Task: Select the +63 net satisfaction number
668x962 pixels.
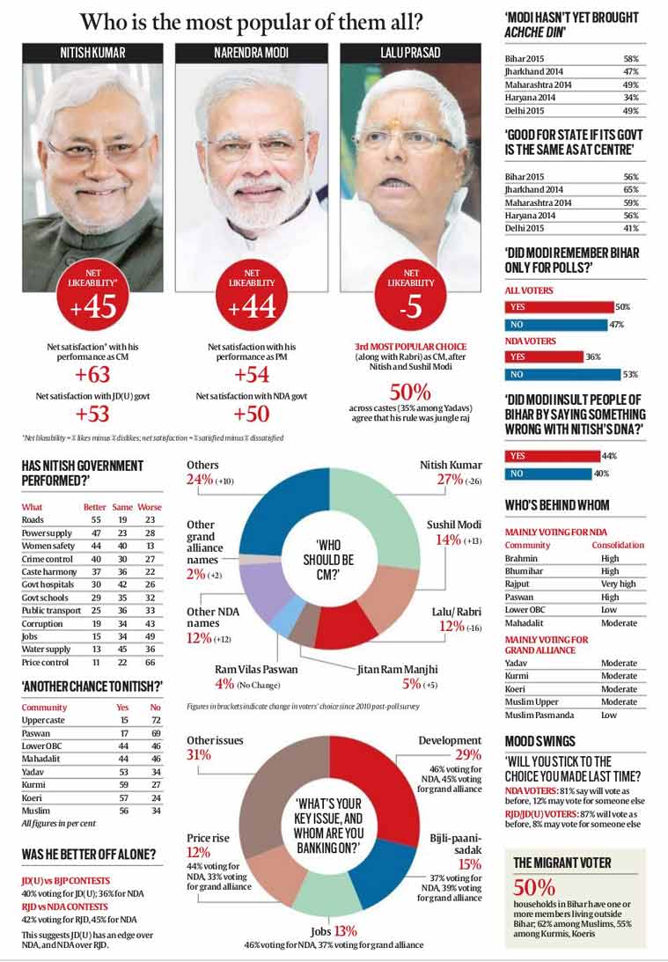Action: [x=92, y=375]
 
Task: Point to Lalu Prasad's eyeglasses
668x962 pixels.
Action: [x=404, y=142]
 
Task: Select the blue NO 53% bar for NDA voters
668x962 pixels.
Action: [x=562, y=374]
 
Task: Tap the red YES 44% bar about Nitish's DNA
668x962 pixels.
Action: [x=547, y=456]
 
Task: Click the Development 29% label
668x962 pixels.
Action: [x=449, y=747]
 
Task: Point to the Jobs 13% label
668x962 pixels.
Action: [x=333, y=930]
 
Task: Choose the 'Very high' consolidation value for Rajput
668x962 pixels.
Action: [x=616, y=584]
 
